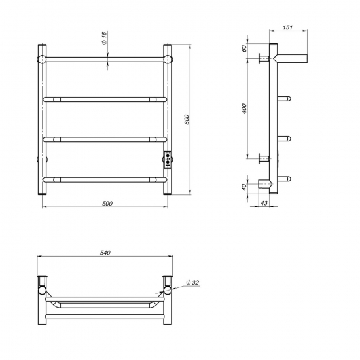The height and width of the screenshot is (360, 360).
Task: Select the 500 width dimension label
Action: [x=107, y=203]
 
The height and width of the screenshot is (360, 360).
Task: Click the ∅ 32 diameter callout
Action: [x=192, y=283]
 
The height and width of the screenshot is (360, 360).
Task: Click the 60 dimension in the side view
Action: [x=243, y=49]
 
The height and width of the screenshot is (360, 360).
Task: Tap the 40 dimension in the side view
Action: [x=243, y=188]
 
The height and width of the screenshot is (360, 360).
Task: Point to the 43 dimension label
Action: [x=264, y=204]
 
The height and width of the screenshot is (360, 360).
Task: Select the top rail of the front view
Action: [x=105, y=60]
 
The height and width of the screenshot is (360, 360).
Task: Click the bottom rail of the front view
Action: [x=105, y=179]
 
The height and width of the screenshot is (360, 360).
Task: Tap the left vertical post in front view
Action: [x=43, y=121]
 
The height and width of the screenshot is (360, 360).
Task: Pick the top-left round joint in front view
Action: [x=43, y=59]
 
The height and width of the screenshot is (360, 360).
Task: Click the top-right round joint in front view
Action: [x=168, y=59]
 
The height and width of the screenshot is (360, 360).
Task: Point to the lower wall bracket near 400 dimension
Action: [x=264, y=158]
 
